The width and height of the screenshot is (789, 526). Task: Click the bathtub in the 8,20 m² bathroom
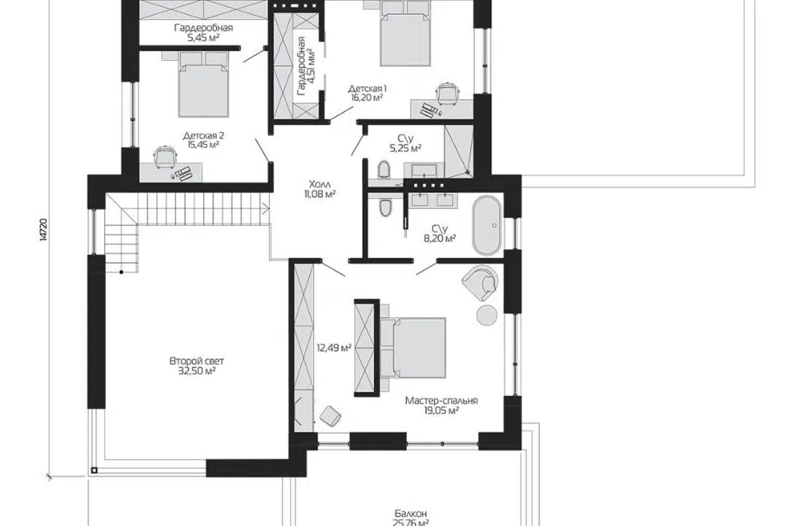487,226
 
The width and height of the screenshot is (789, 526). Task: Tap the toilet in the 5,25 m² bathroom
384,170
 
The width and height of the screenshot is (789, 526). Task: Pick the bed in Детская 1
405,33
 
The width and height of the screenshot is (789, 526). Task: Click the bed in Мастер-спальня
413,348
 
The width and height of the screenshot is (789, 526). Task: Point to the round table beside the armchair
487,315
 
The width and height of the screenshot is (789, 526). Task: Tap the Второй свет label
196,362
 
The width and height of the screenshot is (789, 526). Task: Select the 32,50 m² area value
196,371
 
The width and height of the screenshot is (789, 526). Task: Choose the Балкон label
411,514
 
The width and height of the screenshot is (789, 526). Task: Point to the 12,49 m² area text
334,348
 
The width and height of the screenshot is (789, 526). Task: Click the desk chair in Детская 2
164,155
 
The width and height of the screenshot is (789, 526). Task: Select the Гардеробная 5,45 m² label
203,33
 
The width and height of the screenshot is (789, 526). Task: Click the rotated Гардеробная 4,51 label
306,66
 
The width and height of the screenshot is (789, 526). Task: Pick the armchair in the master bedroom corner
481,281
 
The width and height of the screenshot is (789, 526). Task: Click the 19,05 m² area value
441,411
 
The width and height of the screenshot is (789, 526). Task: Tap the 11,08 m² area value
320,194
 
